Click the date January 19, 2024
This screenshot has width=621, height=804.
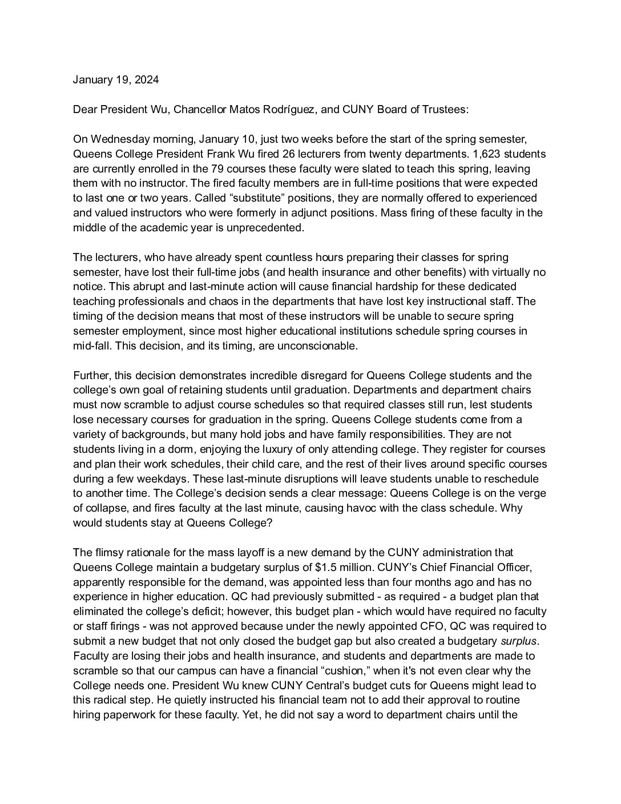116,80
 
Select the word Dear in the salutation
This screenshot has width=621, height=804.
85,110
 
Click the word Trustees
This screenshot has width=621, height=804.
446,110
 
